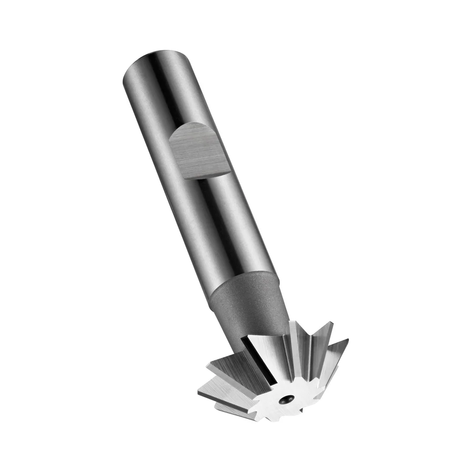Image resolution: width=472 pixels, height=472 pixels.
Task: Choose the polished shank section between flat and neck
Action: point(222,227)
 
